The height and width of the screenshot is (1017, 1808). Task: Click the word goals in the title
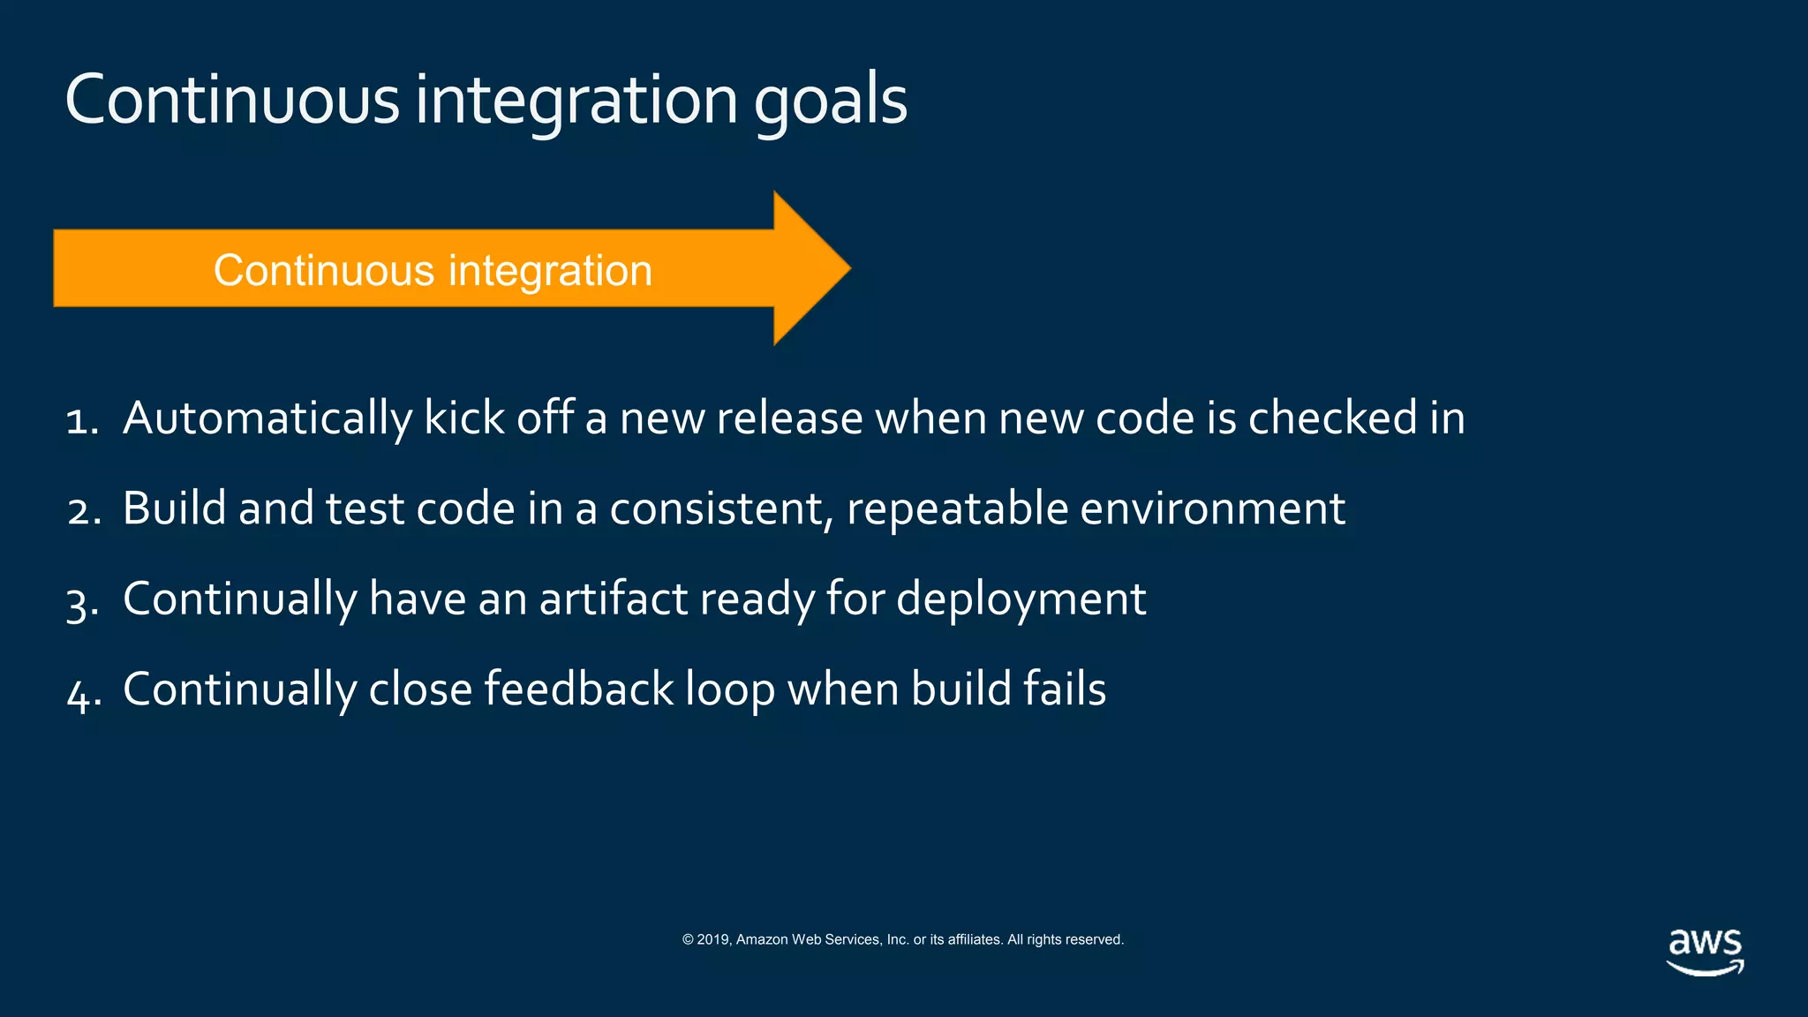pyautogui.click(x=830, y=102)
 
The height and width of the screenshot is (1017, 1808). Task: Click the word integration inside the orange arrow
pyautogui.click(x=550, y=271)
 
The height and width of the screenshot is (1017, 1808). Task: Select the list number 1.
pyautogui.click(x=80, y=420)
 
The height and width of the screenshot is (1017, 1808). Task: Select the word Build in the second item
pyautogui.click(x=174, y=508)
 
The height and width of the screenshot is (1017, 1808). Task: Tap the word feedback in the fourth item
pyautogui.click(x=579, y=689)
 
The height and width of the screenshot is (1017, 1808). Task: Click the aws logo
pyautogui.click(x=1704, y=952)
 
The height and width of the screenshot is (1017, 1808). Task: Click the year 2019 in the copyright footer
pyautogui.click(x=713, y=940)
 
